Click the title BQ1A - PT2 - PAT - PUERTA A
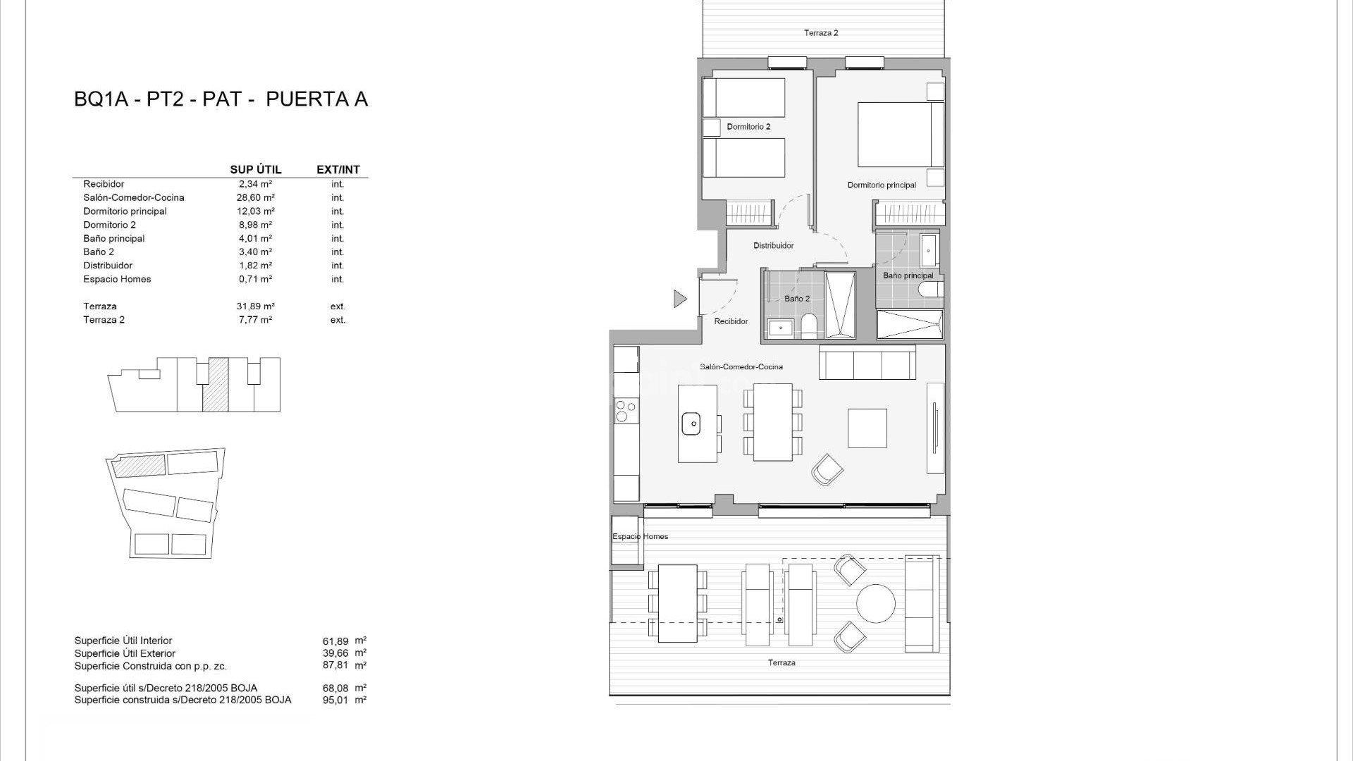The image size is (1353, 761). point(221,99)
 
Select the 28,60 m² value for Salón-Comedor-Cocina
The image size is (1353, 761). point(255,198)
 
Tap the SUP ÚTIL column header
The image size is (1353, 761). point(255,170)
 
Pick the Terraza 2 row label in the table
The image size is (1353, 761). point(104,320)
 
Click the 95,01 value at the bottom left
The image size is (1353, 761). point(335,700)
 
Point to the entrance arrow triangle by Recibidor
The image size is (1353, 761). point(679,299)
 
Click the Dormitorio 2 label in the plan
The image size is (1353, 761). point(748,127)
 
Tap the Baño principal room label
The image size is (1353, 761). point(908,276)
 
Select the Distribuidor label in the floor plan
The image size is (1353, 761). point(773,246)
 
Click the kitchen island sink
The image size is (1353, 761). point(691,423)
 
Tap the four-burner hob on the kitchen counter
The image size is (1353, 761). point(626,410)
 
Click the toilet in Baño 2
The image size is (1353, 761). point(809,326)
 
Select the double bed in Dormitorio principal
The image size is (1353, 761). point(900,135)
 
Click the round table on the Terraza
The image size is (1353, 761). point(875,603)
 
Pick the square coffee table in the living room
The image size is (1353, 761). point(867,428)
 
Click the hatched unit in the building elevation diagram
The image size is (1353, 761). point(216,385)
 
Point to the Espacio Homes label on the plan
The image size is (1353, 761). point(640,537)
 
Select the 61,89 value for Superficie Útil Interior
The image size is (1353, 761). point(335,641)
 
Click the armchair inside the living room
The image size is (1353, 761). point(827,469)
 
